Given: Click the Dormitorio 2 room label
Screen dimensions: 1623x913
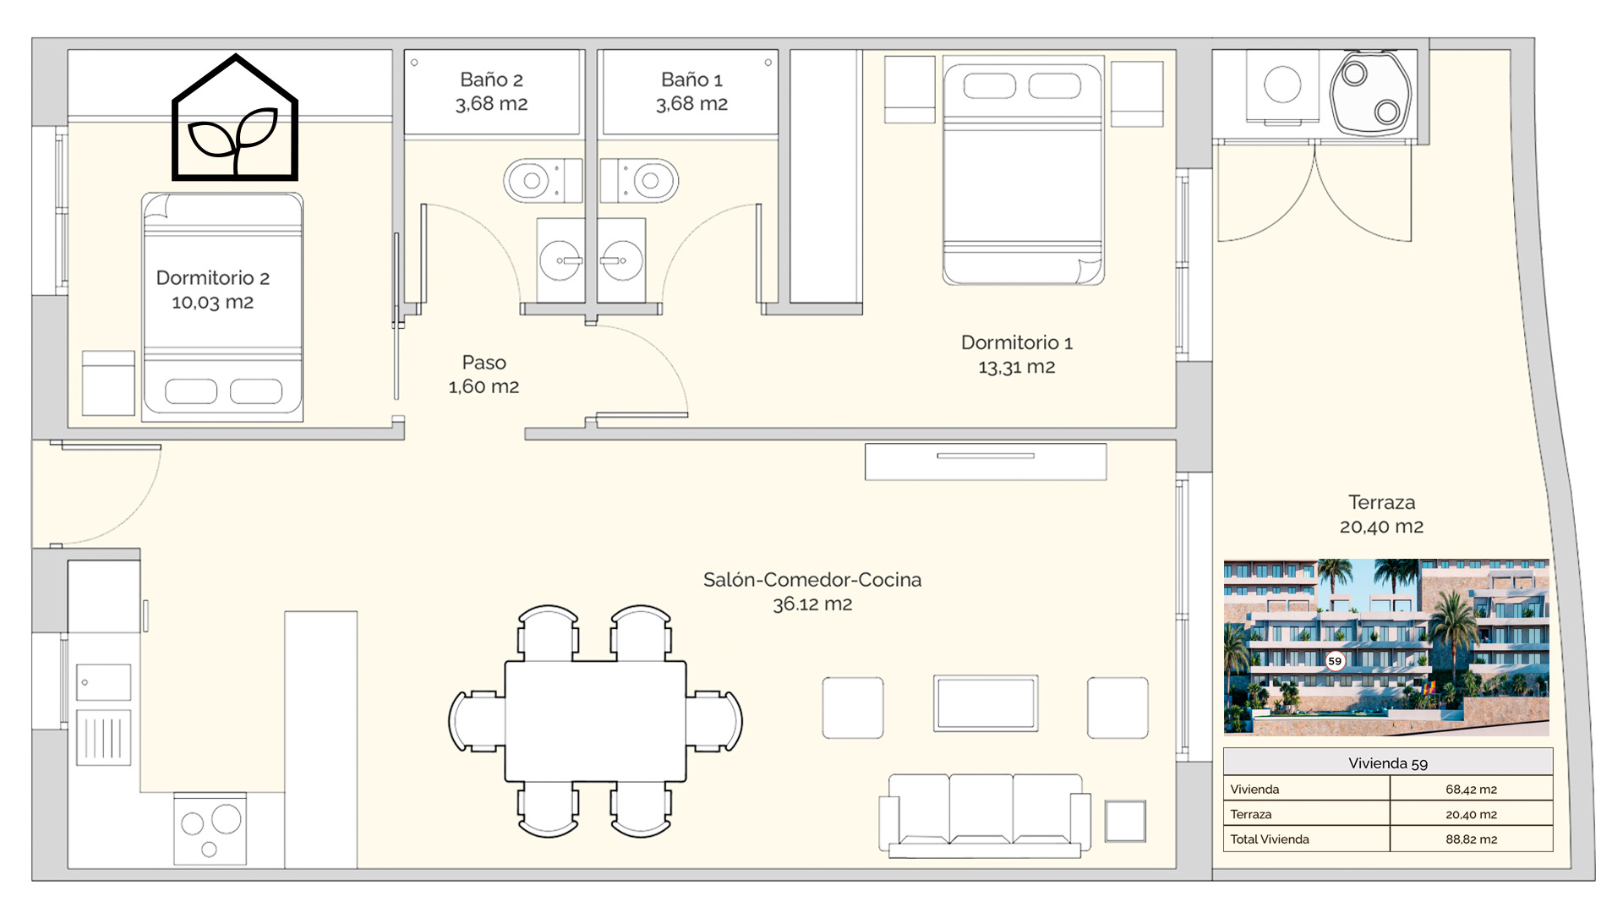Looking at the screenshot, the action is (x=213, y=290).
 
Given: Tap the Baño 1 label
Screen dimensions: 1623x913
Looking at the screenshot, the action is (x=691, y=91).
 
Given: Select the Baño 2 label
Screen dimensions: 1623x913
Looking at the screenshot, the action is (x=491, y=91).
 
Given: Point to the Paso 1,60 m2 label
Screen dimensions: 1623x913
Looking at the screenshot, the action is (x=484, y=374).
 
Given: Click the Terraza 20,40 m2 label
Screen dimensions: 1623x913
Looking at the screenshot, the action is (x=1381, y=514).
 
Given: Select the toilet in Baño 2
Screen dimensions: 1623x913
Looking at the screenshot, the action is (x=543, y=180).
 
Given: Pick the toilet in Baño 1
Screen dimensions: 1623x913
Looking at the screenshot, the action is (x=639, y=180).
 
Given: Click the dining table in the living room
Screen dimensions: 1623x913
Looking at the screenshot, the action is (x=595, y=721).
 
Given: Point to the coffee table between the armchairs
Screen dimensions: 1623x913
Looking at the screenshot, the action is (x=986, y=703).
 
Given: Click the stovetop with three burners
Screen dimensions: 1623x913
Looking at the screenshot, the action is (x=210, y=828).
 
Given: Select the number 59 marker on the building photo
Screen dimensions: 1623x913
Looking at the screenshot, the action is (x=1335, y=661).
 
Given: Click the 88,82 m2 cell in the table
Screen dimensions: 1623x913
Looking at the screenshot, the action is (x=1471, y=839).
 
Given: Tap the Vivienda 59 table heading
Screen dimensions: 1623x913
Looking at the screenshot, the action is (x=1388, y=763).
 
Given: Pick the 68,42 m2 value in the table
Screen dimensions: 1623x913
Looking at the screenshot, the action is (x=1471, y=790).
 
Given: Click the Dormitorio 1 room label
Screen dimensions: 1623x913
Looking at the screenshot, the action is (x=1017, y=354).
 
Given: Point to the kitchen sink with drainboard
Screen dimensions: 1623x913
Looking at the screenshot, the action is (x=103, y=714).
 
